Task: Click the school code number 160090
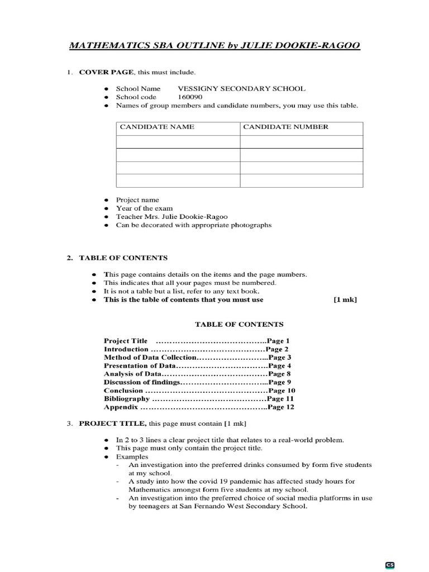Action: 190,97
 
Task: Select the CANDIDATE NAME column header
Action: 157,127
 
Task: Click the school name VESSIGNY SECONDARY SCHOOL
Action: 241,89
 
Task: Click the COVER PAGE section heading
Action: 106,73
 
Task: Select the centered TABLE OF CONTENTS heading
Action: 239,324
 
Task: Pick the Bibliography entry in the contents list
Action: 127,399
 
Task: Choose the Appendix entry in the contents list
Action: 121,407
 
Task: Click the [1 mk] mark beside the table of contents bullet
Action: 345,299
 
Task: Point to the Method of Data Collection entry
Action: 150,357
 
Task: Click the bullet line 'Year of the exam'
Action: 144,208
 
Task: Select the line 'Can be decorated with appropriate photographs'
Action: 193,225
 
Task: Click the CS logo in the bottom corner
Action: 390,565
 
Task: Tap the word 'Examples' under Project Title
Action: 132,456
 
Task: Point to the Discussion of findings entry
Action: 142,382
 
